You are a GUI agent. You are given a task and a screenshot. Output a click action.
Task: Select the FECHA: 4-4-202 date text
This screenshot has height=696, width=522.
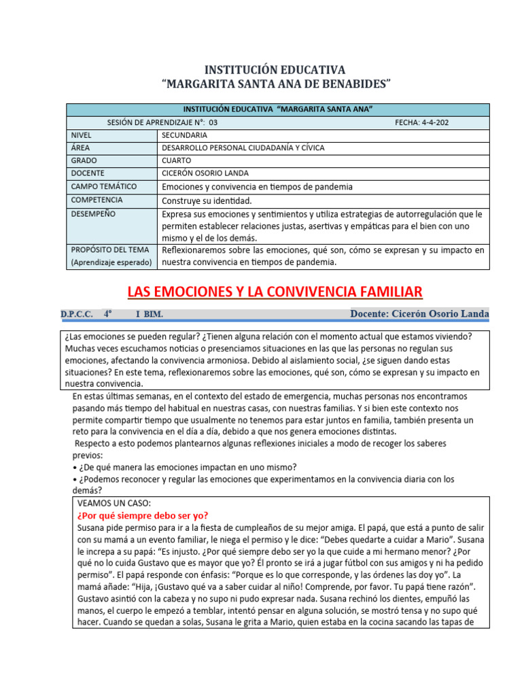(421, 122)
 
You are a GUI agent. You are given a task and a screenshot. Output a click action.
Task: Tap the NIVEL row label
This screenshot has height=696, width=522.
(81, 135)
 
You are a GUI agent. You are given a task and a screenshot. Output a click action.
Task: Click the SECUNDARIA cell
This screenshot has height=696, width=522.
(184, 135)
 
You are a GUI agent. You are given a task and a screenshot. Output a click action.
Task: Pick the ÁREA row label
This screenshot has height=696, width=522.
(80, 147)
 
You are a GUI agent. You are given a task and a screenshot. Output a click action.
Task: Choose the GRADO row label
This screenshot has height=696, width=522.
(84, 160)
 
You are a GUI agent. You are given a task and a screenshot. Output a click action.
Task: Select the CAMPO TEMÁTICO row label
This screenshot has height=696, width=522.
(103, 186)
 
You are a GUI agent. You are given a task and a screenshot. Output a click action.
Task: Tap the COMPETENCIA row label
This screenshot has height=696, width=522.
(97, 200)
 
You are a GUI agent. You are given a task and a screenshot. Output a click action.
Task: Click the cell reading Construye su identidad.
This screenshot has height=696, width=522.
(207, 201)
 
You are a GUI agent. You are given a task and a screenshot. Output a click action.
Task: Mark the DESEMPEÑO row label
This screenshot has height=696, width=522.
(92, 213)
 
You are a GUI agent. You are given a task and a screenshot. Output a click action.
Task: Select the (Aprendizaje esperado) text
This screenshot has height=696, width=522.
(111, 262)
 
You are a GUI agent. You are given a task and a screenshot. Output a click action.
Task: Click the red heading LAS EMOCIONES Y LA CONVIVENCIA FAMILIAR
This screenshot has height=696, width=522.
(275, 292)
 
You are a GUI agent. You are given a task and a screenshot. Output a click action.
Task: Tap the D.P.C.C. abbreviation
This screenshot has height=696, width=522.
(76, 315)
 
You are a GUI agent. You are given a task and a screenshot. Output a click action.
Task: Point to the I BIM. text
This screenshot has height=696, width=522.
(149, 315)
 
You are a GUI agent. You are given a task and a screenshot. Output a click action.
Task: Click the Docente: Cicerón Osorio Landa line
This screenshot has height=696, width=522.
(419, 313)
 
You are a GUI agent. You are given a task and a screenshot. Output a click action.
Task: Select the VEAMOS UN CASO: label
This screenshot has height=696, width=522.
(114, 503)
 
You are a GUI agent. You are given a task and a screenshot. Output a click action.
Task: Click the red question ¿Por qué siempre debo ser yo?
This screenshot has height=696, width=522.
(143, 515)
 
